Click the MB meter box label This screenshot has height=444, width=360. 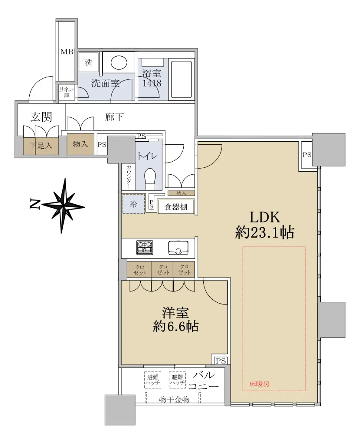tap(67, 51)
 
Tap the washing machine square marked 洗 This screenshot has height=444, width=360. tap(89, 62)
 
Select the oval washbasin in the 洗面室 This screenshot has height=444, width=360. tap(119, 62)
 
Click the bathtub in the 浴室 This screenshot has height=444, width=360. tap(181, 80)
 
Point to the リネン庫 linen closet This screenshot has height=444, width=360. tap(67, 92)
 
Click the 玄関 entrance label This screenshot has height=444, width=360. tap(41, 117)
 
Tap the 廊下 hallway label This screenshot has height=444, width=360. tap(114, 117)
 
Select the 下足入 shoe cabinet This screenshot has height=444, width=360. tap(41, 146)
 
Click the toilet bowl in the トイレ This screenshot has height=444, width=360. tap(150, 179)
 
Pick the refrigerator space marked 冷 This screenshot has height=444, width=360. tap(134, 204)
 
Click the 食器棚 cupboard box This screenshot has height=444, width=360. tap(176, 207)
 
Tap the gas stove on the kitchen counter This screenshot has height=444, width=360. tap(144, 248)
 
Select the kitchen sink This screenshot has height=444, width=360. tap(178, 248)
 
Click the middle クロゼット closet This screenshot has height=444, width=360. tap(162, 269)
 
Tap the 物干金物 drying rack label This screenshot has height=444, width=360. tap(174, 399)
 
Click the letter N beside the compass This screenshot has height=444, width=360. tap(35, 205)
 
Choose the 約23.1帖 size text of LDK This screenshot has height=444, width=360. tap(264, 232)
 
